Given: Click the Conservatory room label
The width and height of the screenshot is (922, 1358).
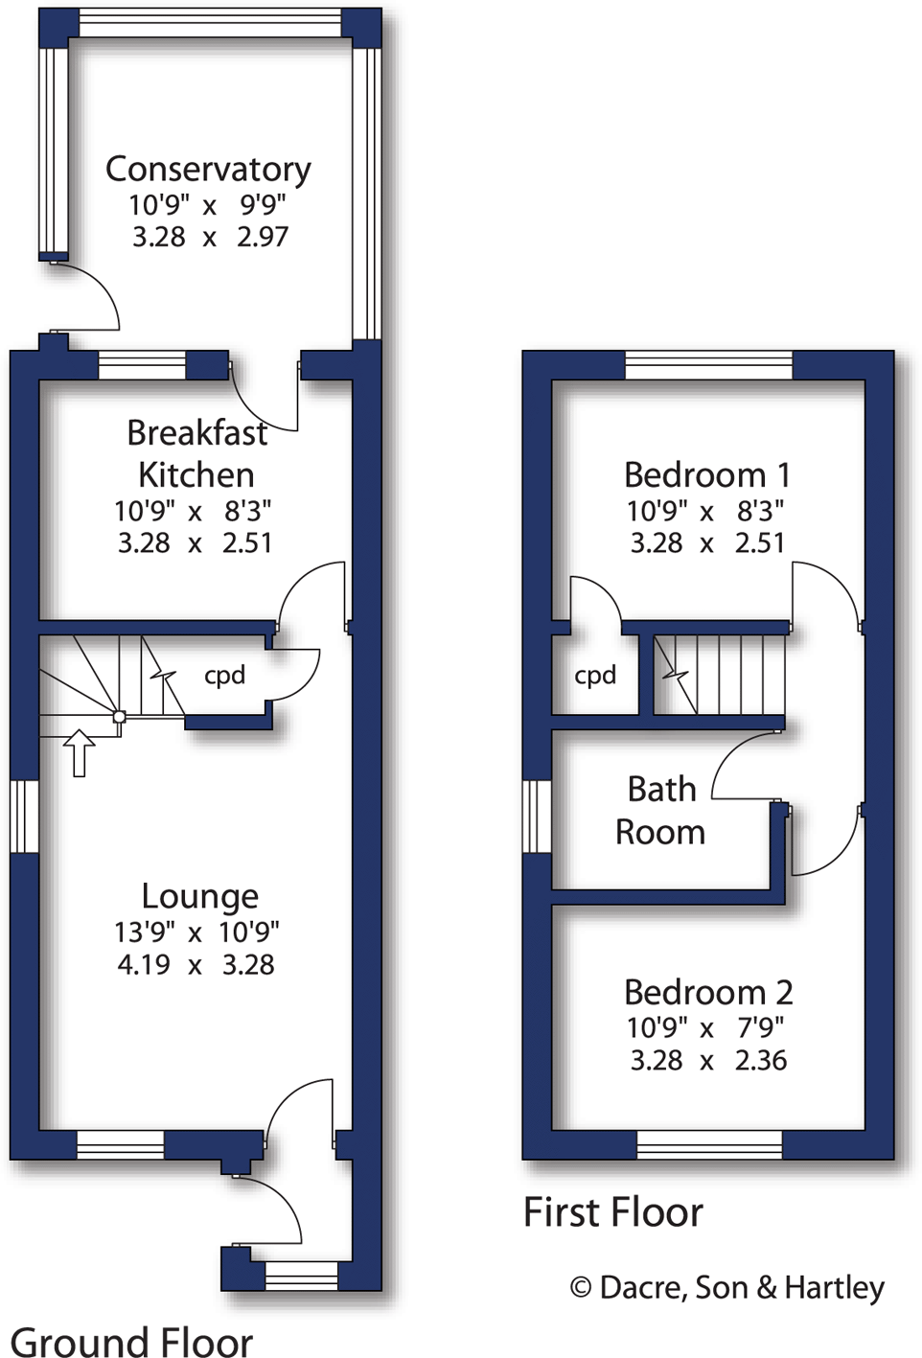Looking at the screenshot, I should [208, 170].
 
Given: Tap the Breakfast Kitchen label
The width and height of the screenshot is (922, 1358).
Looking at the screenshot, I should [196, 453].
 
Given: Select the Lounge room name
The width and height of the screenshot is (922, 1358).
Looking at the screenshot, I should [199, 896].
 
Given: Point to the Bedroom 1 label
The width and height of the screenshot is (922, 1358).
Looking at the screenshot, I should [706, 475].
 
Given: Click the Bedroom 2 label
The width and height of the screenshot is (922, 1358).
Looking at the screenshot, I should [707, 992].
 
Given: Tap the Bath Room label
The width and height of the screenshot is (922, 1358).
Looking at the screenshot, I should [660, 811].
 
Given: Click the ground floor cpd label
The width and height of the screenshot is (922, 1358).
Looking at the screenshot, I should [224, 676].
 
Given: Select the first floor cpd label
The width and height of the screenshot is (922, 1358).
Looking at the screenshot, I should [594, 676].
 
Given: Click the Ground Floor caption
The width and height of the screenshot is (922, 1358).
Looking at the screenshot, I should [131, 1341].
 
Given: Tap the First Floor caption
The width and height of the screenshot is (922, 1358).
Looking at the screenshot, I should [612, 1212].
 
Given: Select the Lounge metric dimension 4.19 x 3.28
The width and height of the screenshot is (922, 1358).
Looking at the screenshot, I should [196, 964].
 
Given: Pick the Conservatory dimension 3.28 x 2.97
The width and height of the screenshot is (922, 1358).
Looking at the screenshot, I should [209, 237].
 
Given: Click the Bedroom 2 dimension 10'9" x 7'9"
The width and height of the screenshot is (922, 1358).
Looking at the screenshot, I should [705, 1028].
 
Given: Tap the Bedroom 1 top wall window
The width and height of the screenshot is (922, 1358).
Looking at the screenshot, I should [708, 365].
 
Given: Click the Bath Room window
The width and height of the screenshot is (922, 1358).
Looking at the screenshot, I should [537, 816].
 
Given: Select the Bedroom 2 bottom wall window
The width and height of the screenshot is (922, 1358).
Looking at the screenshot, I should [709, 1144].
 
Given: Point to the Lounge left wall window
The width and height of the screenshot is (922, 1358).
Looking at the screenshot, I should [24, 816].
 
